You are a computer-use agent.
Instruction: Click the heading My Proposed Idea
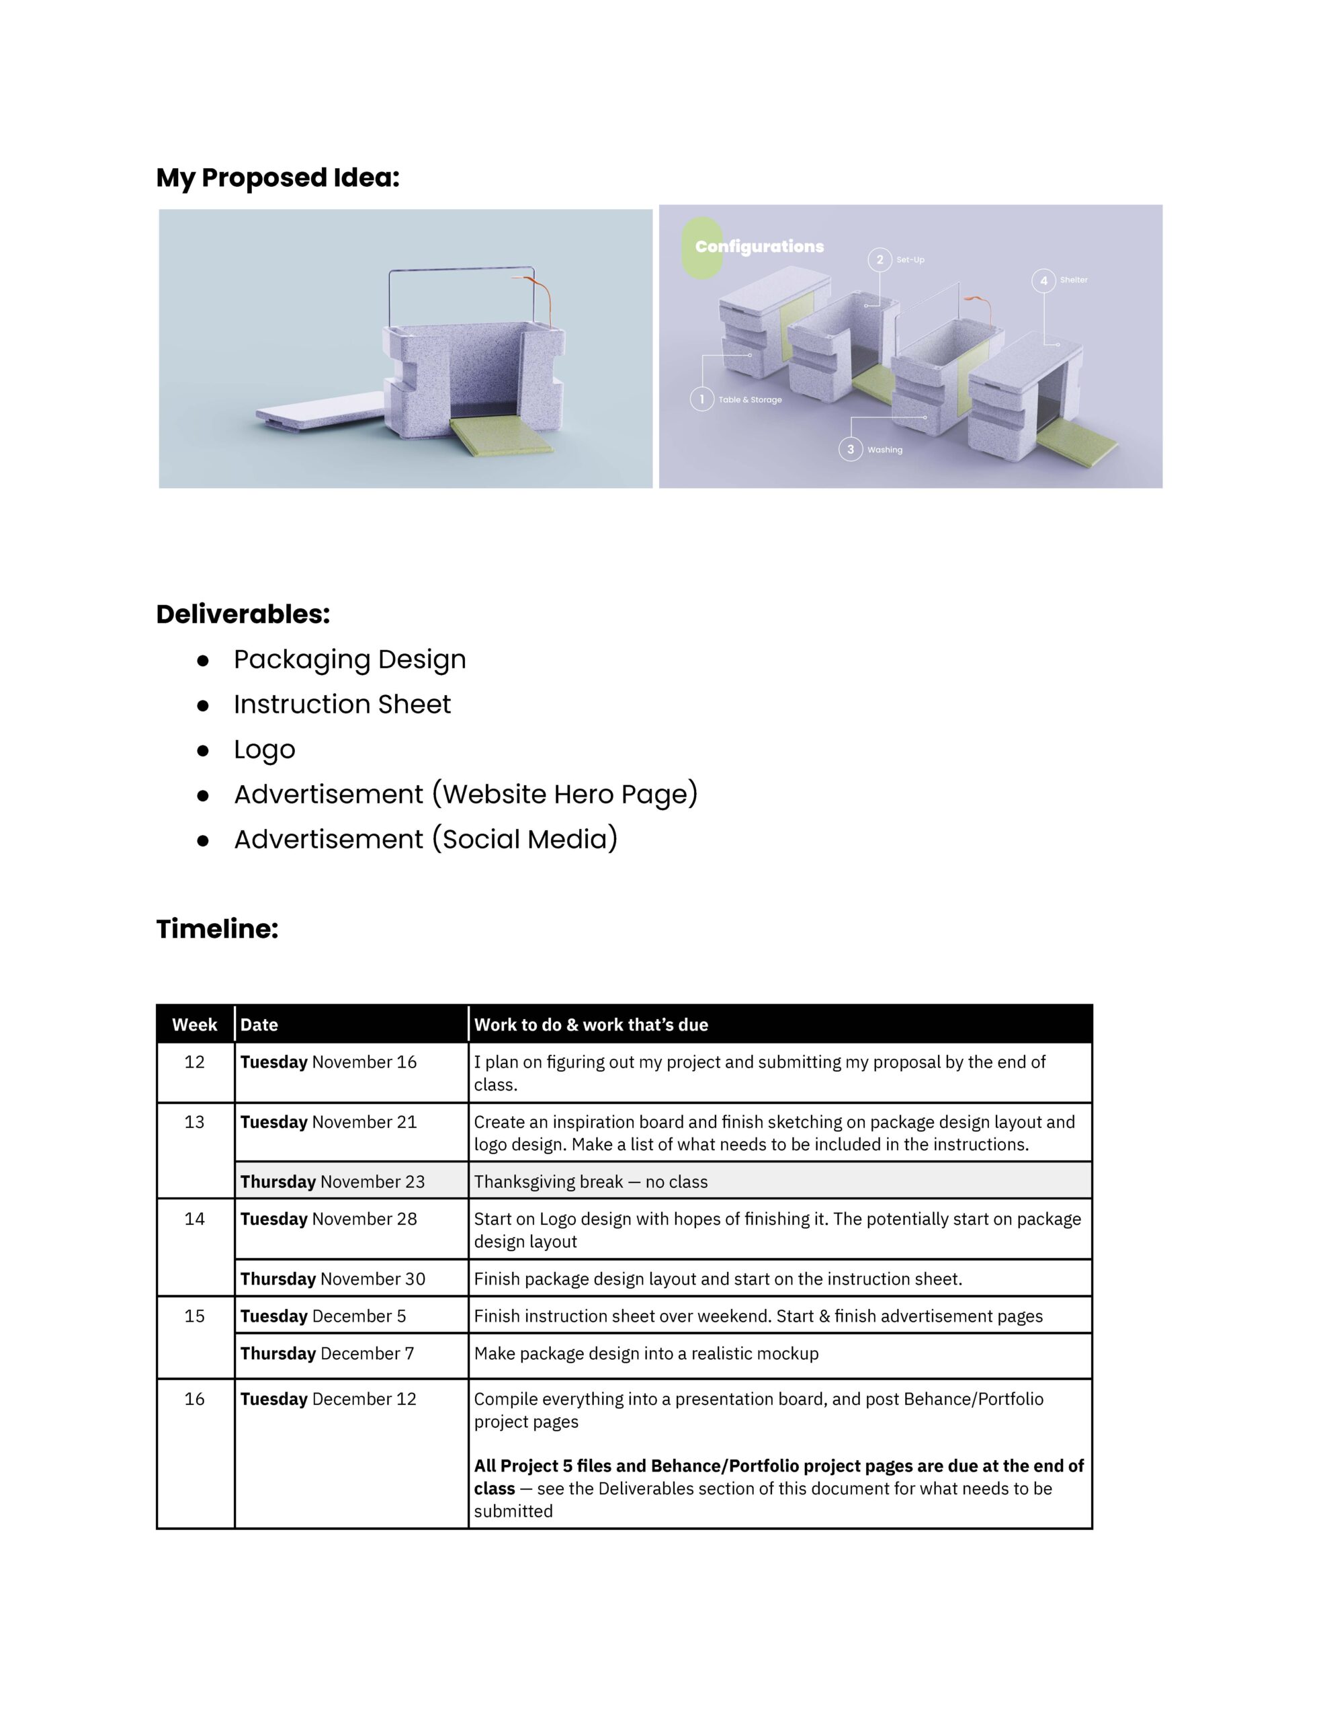(277, 178)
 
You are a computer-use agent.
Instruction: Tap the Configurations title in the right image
(759, 247)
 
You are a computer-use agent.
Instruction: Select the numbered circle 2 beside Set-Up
(879, 260)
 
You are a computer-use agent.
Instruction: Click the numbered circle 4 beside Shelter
(1043, 280)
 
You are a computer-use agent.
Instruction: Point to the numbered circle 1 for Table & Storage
(701, 399)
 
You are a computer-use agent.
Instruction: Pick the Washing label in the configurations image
(885, 450)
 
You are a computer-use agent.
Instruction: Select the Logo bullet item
(264, 750)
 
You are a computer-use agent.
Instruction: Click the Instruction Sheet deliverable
(342, 705)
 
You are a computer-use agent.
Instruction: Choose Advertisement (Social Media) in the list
(425, 839)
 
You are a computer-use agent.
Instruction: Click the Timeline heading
(218, 929)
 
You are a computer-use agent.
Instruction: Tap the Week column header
(195, 1025)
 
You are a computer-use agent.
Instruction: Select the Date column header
(259, 1025)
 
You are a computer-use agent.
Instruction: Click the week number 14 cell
(195, 1219)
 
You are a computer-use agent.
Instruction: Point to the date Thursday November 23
(333, 1182)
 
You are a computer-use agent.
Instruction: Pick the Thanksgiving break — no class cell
(591, 1182)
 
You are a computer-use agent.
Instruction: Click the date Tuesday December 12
(329, 1399)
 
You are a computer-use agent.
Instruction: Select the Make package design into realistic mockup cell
(646, 1354)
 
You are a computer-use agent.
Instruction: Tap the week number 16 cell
(195, 1399)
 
